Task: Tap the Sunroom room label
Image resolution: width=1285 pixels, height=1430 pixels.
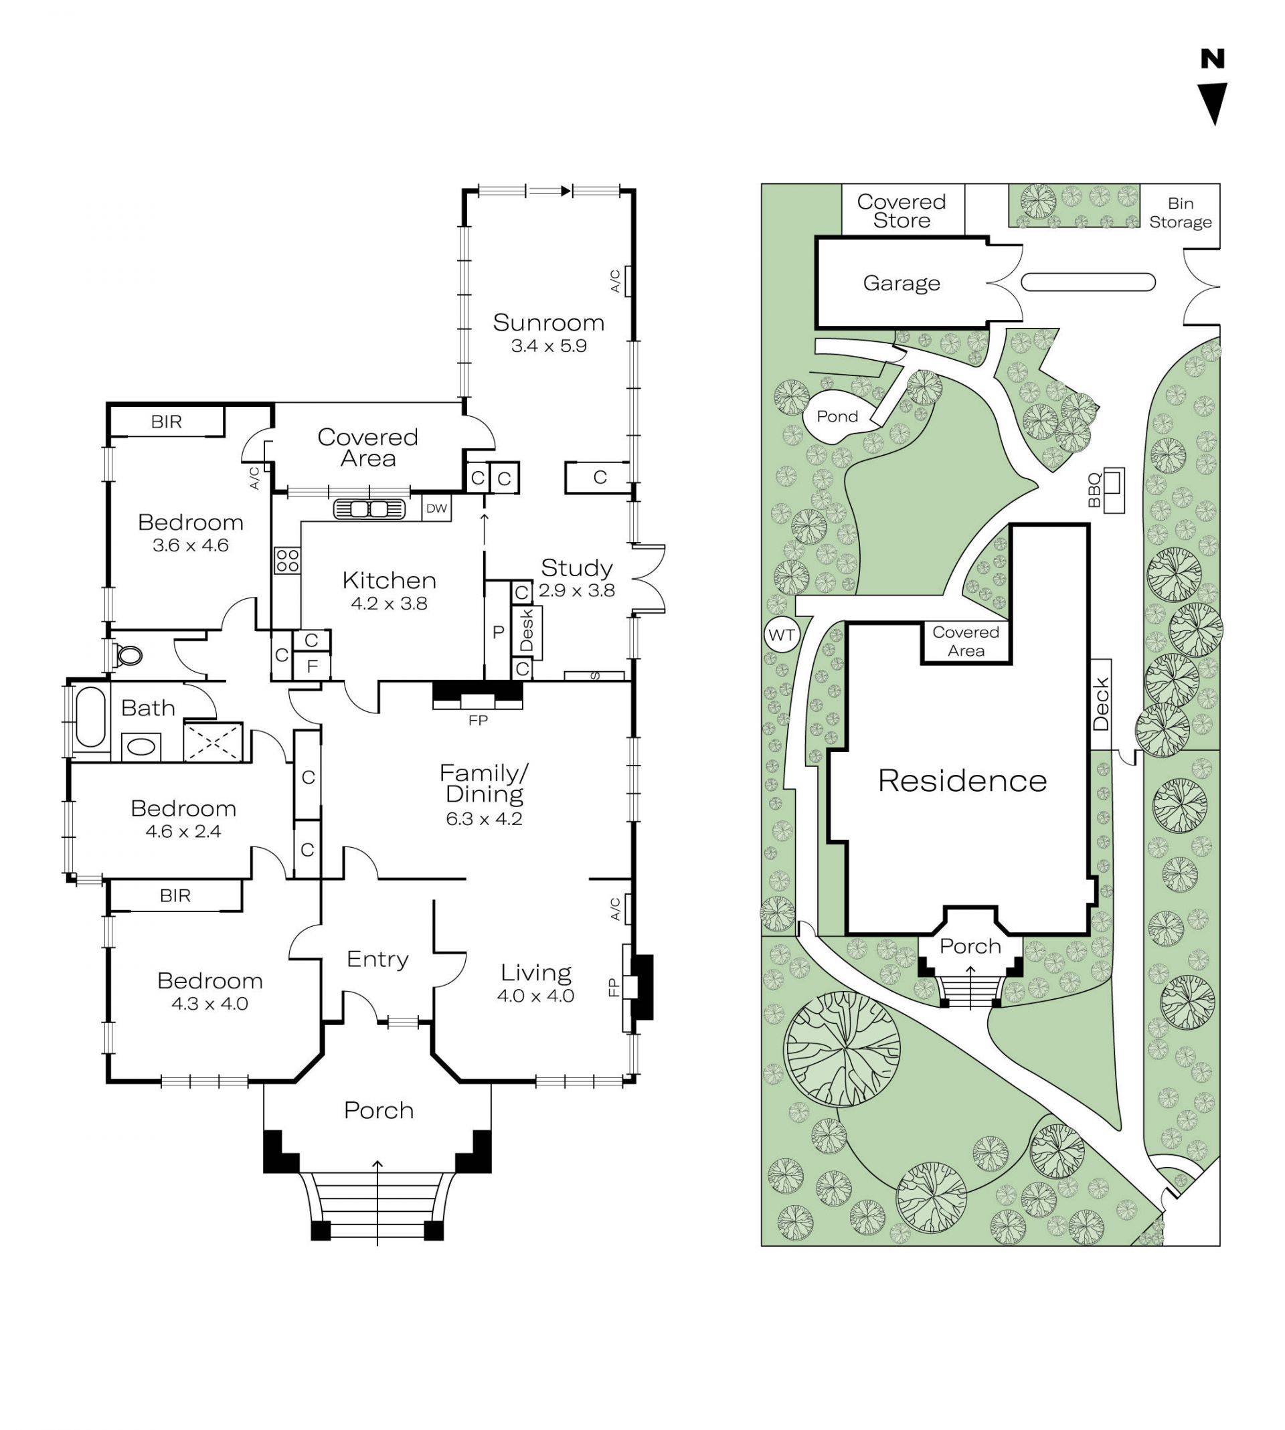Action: coord(549,323)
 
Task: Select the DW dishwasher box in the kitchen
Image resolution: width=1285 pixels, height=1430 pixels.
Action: coord(436,508)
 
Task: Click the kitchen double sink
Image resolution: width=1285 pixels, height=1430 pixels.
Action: coord(369,509)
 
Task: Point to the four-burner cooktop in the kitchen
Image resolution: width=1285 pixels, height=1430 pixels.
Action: coord(287,561)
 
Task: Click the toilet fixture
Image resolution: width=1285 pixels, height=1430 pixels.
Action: coord(127,655)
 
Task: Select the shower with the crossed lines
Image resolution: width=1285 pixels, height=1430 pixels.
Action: coord(213,741)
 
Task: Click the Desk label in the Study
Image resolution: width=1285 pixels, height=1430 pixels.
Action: coord(527,632)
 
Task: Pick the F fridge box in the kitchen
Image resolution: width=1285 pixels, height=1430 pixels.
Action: coord(312,666)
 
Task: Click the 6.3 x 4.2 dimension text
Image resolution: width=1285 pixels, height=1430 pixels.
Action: coord(484,819)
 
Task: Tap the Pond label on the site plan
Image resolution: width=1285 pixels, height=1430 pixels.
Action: coord(837,416)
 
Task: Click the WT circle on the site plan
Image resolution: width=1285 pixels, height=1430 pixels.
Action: coord(782,634)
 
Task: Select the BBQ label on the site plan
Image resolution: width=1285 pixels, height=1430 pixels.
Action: coord(1094,490)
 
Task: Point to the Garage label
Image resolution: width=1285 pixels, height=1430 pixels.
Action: coord(902,284)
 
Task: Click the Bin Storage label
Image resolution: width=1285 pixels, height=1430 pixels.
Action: coord(1181,212)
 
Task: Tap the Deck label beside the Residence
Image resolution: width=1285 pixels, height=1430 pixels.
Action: coord(1102,705)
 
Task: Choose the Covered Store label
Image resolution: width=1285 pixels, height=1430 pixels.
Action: coord(902,211)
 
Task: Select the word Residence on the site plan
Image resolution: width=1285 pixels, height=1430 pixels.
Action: coord(962,781)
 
